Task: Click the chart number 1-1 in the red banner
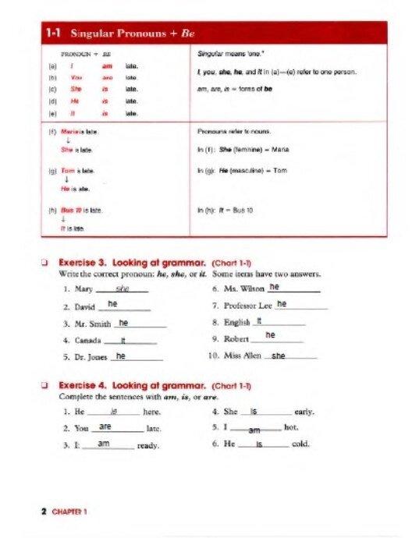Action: coord(54,34)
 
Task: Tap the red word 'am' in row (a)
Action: coord(107,67)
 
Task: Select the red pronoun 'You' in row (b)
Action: coord(76,78)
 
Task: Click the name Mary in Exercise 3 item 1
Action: coord(83,289)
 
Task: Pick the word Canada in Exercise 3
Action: coord(87,341)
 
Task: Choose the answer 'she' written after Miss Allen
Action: coord(279,356)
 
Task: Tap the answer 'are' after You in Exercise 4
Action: coord(105,427)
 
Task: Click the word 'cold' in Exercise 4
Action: coord(300,444)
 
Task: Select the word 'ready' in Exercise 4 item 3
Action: coord(147,446)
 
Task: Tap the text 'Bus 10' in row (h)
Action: coord(73,211)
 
